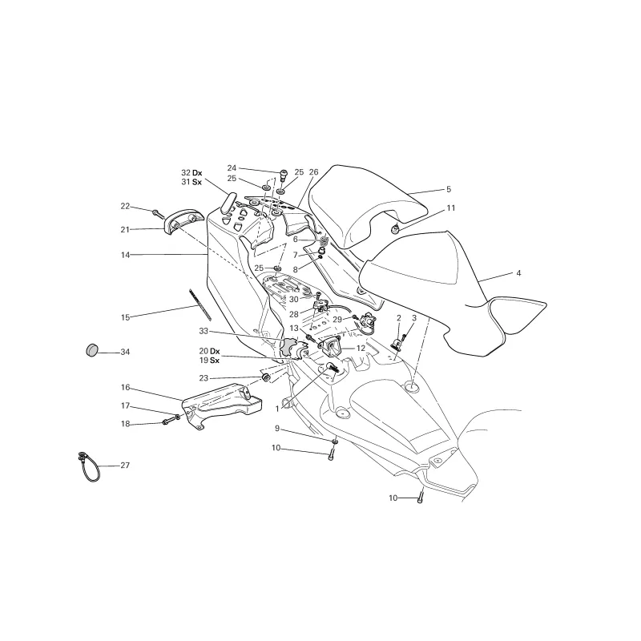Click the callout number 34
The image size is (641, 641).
pos(125,352)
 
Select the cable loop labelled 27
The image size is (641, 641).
pos(87,465)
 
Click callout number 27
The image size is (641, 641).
pos(125,466)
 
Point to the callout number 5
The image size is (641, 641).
pos(449,190)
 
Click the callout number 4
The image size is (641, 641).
pos(518,273)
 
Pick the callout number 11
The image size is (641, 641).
pos(451,208)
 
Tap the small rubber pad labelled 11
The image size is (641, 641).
pos(395,230)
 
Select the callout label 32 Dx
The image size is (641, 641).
pos(191,173)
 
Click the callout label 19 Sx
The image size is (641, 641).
pos(209,361)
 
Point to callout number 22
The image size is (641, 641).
pos(125,206)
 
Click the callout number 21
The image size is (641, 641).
pos(125,229)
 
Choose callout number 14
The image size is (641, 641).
pos(125,255)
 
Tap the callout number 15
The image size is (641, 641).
pos(125,317)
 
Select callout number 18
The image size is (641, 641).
pos(125,423)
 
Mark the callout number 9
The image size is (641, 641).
pos(276,429)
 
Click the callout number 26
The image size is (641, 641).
pos(313,172)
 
